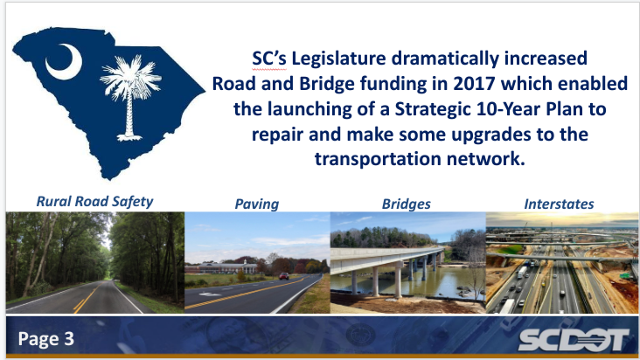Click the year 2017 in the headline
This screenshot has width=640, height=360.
474,84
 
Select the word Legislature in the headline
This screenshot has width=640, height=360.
338,59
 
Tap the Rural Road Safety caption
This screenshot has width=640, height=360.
94,201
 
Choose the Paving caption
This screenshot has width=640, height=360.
257,204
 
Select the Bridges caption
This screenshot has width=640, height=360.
407,204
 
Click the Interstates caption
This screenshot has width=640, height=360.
559,204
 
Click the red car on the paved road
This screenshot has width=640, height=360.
284,276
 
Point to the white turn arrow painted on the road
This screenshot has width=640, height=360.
209,294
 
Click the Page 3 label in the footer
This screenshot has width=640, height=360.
46,339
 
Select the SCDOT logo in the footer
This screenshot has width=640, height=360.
573,340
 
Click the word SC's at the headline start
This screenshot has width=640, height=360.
269,59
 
